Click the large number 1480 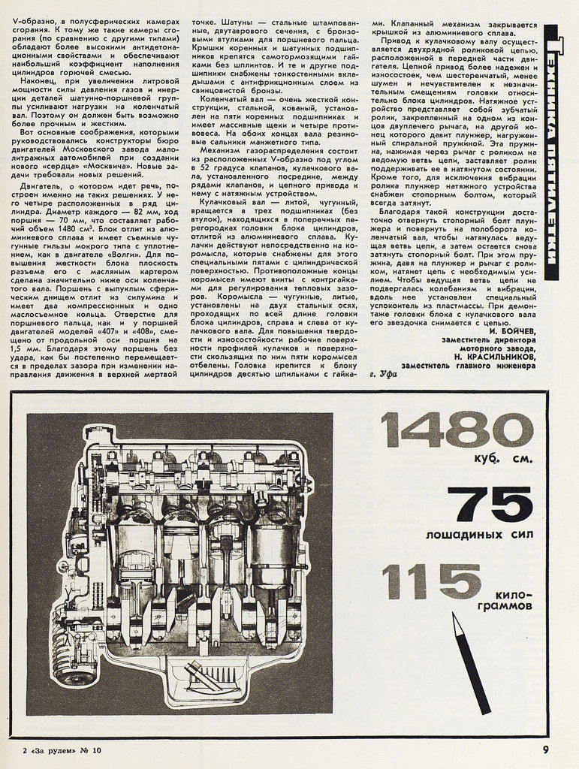[x=456, y=430]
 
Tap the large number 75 [x=490, y=505]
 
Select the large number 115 [x=431, y=580]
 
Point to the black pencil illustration [x=471, y=660]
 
